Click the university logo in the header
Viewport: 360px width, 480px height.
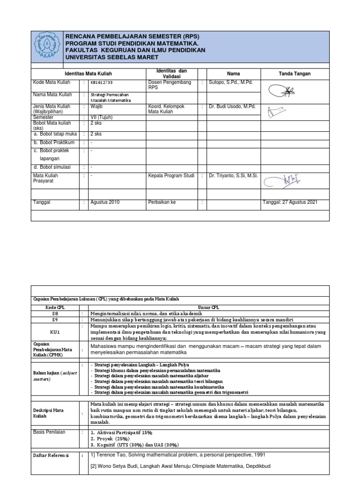[x=46, y=47]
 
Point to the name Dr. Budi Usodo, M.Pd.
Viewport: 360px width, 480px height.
[x=232, y=106]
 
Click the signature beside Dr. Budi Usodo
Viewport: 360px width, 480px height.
[x=276, y=112]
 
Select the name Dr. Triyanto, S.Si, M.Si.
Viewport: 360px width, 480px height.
[x=233, y=176]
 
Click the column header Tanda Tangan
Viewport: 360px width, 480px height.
[x=294, y=74]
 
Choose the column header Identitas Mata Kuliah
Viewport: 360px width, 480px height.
[x=88, y=74]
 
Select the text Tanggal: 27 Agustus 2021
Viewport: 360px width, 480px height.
[x=290, y=202]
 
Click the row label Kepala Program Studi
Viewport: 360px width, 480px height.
[x=171, y=176]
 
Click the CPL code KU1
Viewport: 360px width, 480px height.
[x=55, y=332]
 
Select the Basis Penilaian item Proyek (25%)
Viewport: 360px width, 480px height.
[x=111, y=438]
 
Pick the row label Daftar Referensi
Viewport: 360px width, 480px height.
[x=51, y=455]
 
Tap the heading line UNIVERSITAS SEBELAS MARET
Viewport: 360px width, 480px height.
[x=112, y=57]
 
